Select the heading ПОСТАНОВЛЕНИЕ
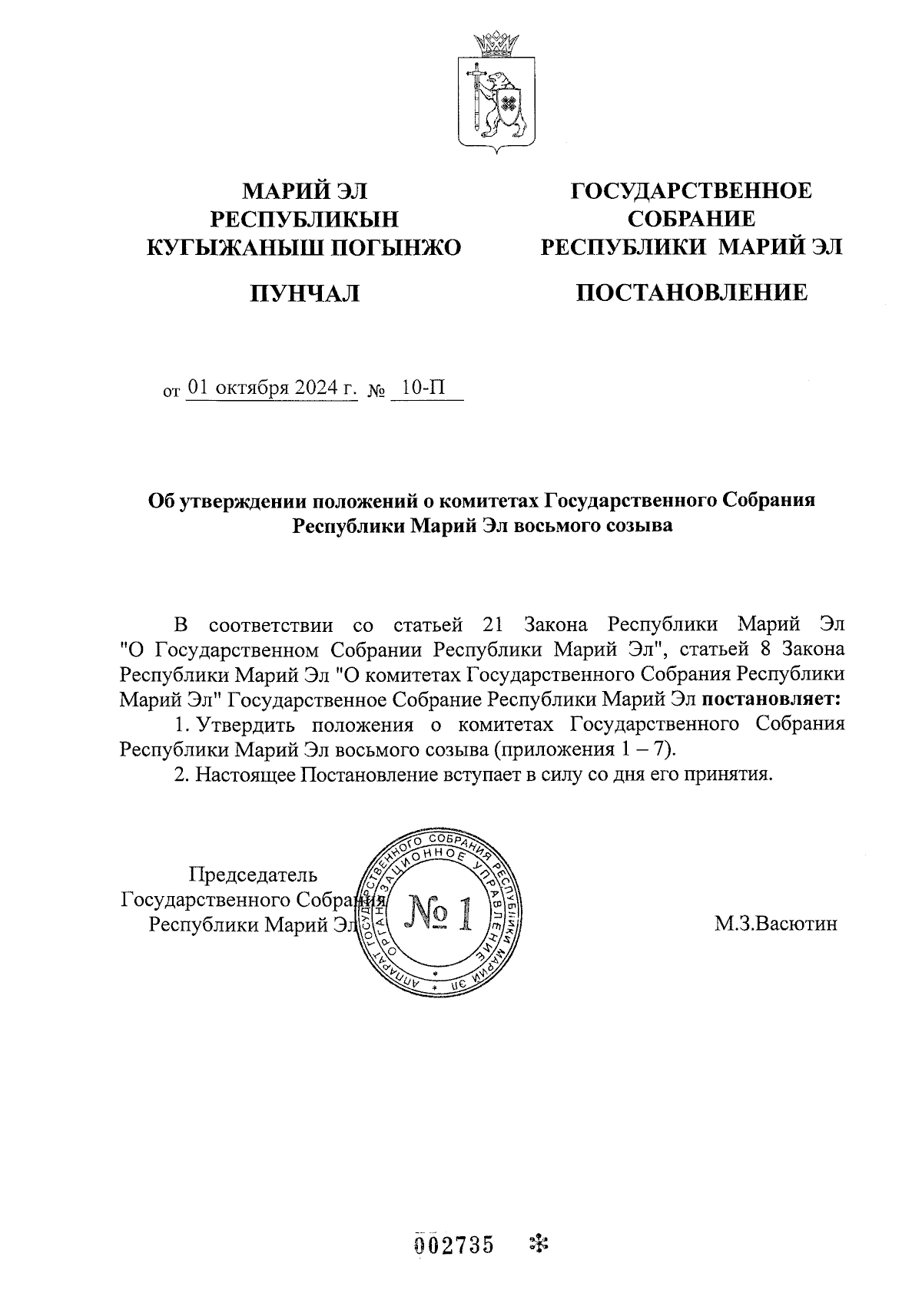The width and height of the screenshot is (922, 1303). click(x=692, y=292)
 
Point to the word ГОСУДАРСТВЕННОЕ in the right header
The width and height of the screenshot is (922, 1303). click(x=691, y=190)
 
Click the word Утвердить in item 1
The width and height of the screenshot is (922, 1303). click(x=241, y=725)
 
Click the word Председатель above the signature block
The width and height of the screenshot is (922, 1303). click(x=253, y=875)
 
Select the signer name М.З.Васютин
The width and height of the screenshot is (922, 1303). click(x=775, y=924)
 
